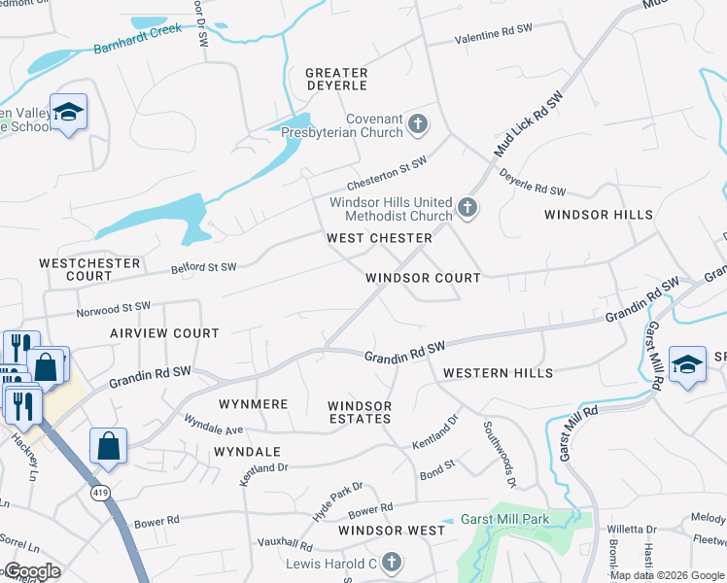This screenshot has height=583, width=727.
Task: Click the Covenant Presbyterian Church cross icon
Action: click(x=418, y=124)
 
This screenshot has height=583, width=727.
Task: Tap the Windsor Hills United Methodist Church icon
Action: click(x=467, y=207)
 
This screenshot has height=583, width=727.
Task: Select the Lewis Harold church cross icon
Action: click(x=391, y=563)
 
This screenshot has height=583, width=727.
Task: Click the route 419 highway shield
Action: click(x=100, y=494)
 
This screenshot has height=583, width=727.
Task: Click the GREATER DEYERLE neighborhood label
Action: click(x=336, y=80)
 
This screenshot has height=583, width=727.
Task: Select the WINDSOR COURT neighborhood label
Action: click(x=423, y=278)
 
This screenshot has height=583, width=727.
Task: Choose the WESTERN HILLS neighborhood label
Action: click(x=498, y=373)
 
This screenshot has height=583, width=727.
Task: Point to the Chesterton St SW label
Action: click(x=388, y=174)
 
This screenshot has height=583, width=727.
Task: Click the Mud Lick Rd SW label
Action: click(x=530, y=125)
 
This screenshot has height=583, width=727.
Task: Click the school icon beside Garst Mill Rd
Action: click(x=687, y=364)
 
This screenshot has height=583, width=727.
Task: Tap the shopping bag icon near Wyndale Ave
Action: click(x=109, y=446)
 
